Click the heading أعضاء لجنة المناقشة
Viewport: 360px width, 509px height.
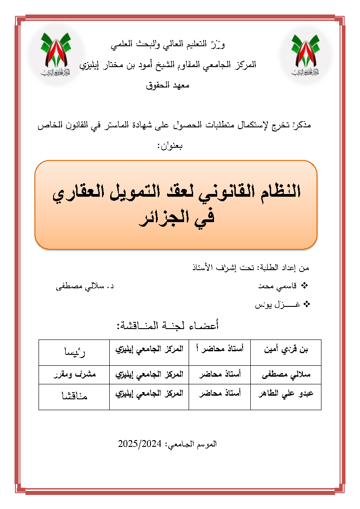point(168,325)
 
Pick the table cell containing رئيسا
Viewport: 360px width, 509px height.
point(74,352)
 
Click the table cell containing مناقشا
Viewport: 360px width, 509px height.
point(74,397)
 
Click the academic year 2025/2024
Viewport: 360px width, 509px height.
point(140,443)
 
